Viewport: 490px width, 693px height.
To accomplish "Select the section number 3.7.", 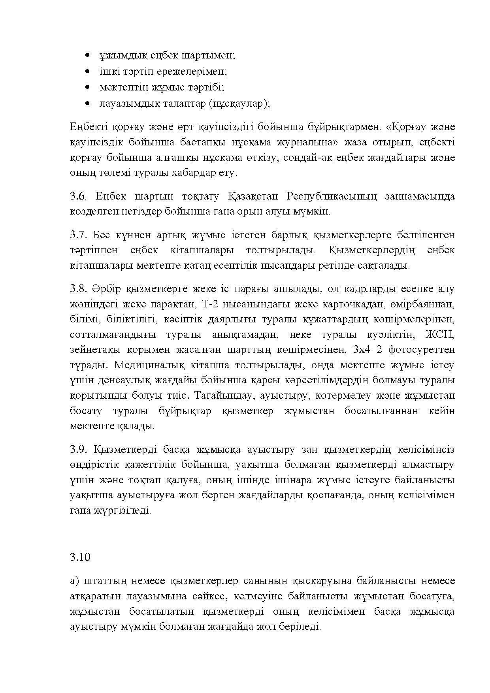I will (x=78, y=235).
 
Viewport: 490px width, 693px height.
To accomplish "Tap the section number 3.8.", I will (x=78, y=289).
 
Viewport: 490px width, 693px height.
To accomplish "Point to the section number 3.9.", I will (x=78, y=450).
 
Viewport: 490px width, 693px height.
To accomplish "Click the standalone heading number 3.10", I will (x=80, y=557).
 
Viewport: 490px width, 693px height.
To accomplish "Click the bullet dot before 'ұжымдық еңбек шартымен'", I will (x=87, y=56).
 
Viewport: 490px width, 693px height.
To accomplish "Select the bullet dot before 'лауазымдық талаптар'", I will (x=87, y=104).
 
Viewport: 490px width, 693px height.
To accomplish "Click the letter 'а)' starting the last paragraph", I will (x=74, y=581).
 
